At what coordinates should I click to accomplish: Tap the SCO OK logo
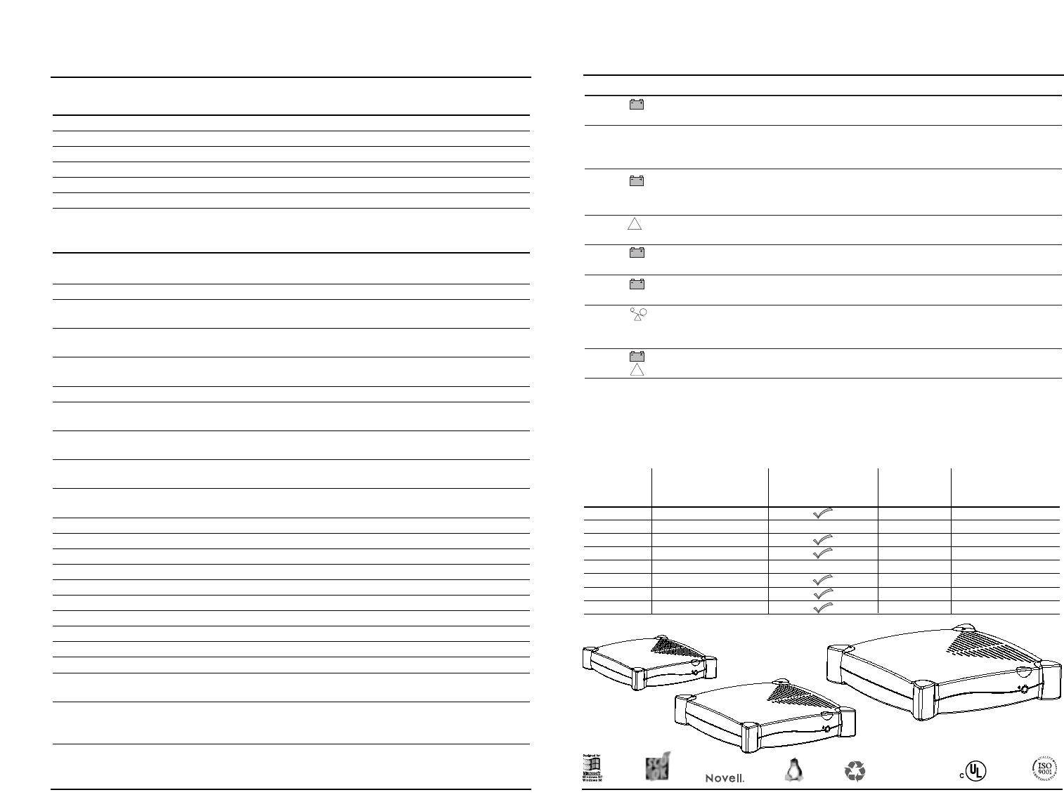(x=657, y=766)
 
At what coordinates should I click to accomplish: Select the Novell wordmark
(x=725, y=778)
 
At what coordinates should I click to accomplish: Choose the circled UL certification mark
(x=975, y=771)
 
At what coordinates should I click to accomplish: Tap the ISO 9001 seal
(x=1045, y=768)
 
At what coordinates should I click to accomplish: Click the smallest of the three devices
(x=648, y=662)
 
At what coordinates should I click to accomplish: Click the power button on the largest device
(x=1025, y=690)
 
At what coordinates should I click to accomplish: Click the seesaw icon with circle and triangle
(x=638, y=315)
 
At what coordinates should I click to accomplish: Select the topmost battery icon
(x=637, y=105)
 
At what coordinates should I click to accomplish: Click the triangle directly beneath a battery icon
(x=637, y=370)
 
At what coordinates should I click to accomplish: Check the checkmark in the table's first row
(x=823, y=513)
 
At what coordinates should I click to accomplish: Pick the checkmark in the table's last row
(x=823, y=608)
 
